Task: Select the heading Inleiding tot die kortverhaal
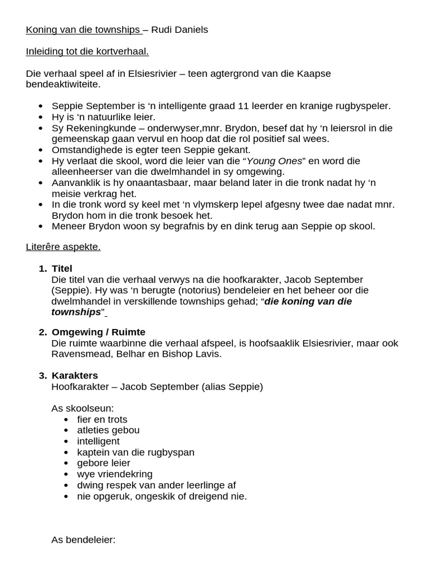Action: tap(87, 52)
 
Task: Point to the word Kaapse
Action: tap(314, 73)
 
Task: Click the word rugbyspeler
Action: tap(361, 106)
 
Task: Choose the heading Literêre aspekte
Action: tap(63, 247)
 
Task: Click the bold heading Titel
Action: tap(62, 269)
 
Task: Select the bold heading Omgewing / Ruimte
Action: tap(98, 332)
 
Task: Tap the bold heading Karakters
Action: tap(74, 376)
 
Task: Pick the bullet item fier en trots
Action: tap(102, 419)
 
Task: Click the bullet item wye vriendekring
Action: tap(114, 474)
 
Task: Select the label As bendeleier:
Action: tap(83, 539)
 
